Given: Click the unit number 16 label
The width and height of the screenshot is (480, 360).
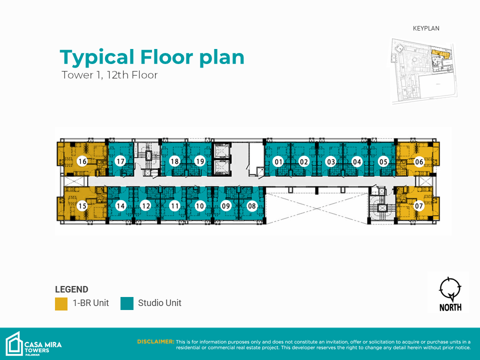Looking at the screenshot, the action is point(82,161).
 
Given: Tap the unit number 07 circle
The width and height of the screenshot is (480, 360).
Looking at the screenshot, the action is point(418,205).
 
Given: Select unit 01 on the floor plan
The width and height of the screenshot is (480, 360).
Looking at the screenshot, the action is point(278,161).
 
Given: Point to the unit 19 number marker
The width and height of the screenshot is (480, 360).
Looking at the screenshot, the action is point(200,161).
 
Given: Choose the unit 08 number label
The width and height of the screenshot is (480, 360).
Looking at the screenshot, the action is point(251,206).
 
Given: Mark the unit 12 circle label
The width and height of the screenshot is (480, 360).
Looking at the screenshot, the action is point(145,206).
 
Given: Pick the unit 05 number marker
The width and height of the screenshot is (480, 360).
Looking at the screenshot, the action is point(383,161).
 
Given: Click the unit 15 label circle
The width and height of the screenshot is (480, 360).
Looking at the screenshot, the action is point(82,206).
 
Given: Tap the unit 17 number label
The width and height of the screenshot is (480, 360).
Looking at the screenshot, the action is point(120,161).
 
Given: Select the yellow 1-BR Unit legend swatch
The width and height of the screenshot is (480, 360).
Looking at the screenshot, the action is point(61,303).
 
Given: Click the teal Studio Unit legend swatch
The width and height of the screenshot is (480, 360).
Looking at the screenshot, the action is point(126,303).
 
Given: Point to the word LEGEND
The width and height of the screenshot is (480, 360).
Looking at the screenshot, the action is point(71,289).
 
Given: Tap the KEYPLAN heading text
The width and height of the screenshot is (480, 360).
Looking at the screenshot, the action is point(426,28).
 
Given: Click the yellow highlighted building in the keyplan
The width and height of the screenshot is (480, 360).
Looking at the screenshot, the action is point(440,54).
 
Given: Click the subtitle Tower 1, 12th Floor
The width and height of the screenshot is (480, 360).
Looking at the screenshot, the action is point(109,75).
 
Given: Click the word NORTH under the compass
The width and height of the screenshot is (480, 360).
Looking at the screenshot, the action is point(450,307).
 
